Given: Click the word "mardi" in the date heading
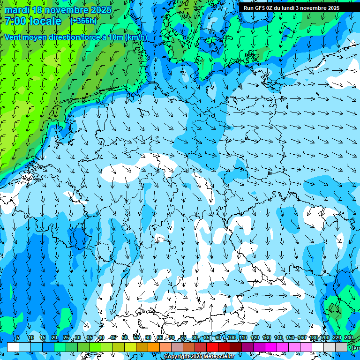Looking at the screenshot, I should click(17, 10).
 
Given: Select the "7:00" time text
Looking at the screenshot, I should click(15, 21).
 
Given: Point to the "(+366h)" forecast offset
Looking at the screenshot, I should click(83, 21).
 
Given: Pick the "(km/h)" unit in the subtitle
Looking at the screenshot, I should click(136, 37).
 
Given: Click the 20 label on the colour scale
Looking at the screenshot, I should click(54, 337).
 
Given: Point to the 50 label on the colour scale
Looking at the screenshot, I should click(125, 337).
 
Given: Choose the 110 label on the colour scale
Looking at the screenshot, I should click(243, 337).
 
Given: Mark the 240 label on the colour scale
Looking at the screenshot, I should click(349, 337).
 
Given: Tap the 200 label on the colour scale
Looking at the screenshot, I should click(325, 337).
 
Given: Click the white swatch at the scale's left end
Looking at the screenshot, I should click(13, 347).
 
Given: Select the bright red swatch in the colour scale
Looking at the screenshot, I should click(212, 347).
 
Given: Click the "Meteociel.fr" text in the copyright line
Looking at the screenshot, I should click(217, 357).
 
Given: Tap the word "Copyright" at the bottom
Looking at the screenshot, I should click(176, 357).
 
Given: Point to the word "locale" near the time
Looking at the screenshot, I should click(45, 21).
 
